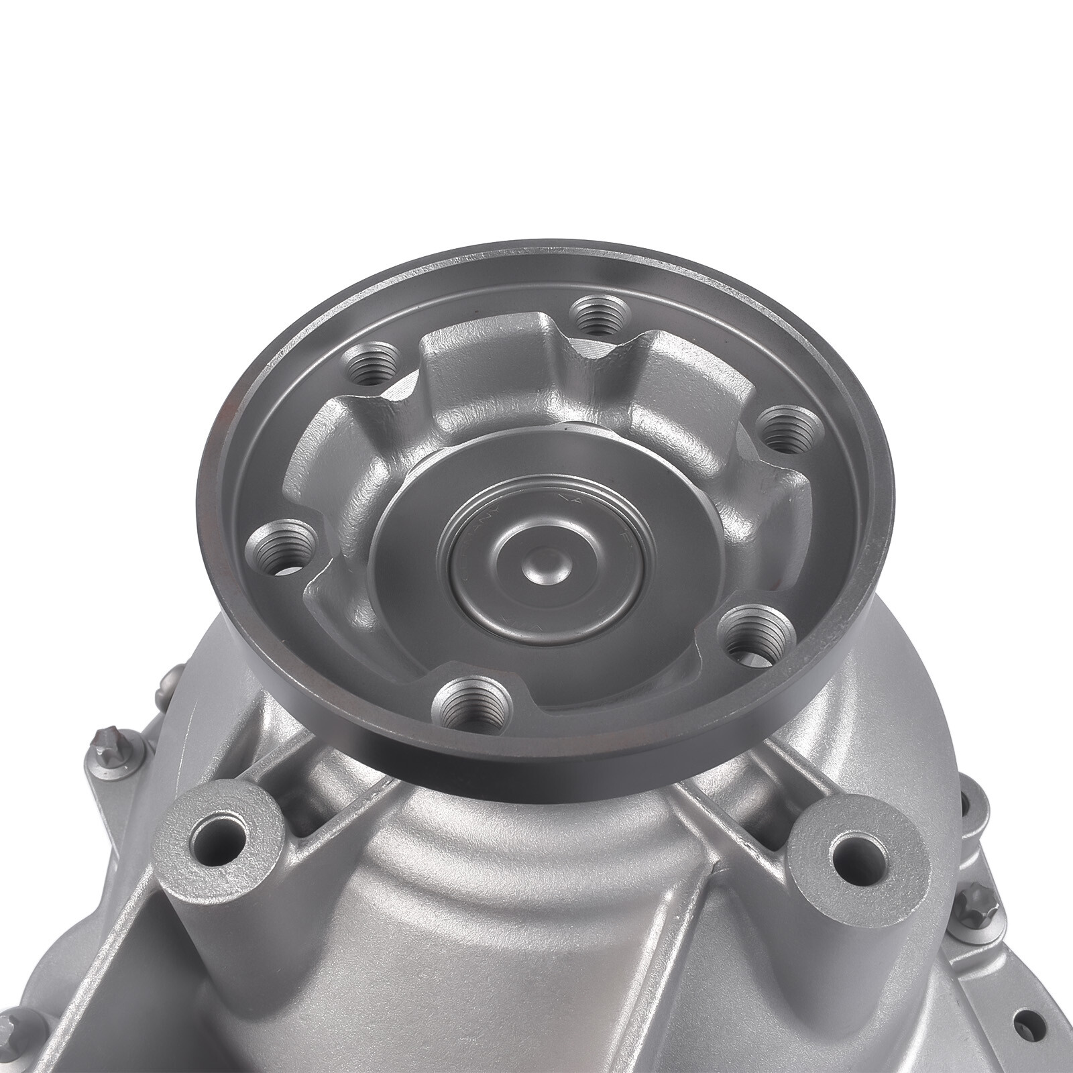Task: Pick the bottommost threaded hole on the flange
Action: coord(470,705)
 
